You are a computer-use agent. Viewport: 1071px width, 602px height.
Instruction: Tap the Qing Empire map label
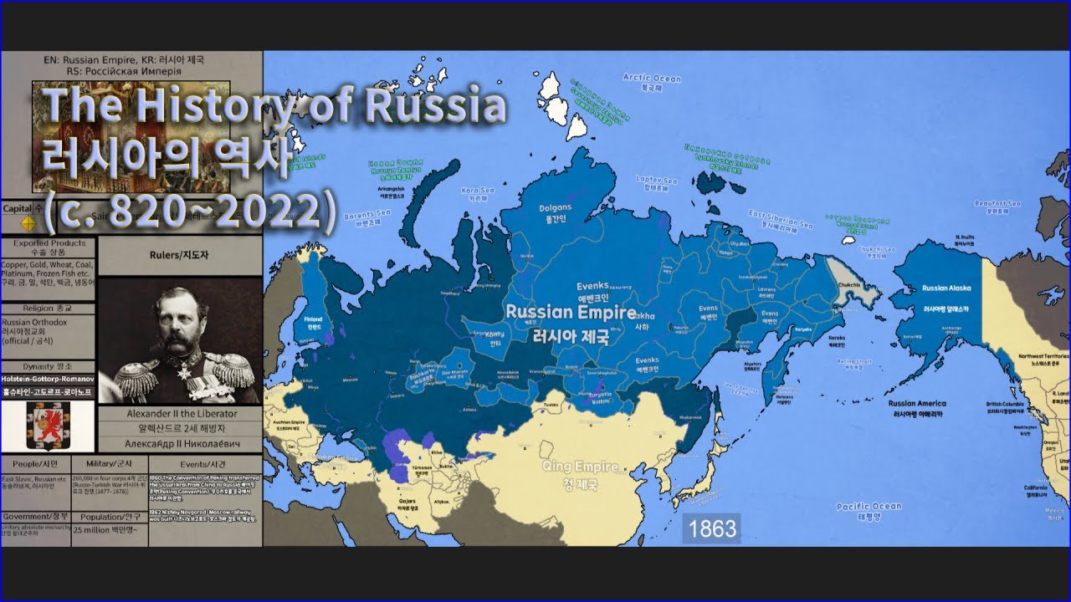point(580,473)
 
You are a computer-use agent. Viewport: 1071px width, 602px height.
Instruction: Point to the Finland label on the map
point(312,319)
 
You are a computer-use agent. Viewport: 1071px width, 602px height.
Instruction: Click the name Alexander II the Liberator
point(181,413)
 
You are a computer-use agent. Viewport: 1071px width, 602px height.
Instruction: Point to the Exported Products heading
point(49,243)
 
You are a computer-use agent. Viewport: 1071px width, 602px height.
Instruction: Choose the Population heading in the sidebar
point(110,516)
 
